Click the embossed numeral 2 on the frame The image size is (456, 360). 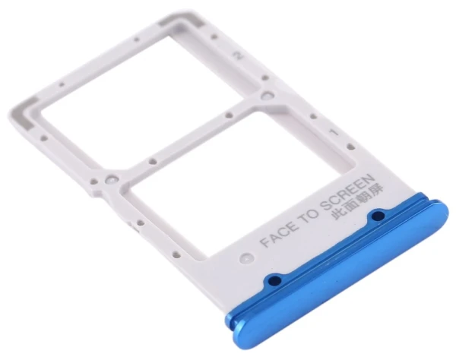[x=239, y=55]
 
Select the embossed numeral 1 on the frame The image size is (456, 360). [x=334, y=132]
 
